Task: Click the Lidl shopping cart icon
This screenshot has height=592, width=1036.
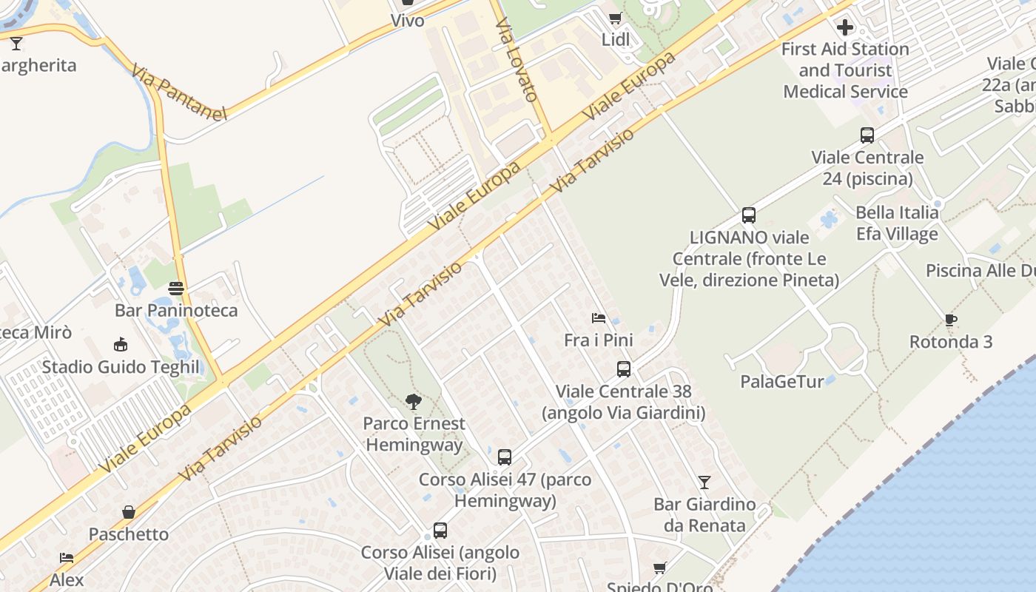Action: (615, 18)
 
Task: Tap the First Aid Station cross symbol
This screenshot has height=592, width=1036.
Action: (845, 28)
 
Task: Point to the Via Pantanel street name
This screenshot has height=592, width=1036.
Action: (178, 92)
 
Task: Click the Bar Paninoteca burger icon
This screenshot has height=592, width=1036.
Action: (176, 289)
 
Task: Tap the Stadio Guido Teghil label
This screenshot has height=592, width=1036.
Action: (121, 367)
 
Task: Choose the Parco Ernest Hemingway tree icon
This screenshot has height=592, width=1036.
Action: (414, 402)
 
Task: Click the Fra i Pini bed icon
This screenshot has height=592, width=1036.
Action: (599, 318)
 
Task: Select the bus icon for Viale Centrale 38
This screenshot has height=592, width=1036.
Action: (624, 369)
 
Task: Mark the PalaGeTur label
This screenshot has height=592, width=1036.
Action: (782, 382)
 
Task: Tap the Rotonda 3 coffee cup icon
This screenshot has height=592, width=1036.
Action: (951, 320)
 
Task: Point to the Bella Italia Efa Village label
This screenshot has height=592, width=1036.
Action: (897, 223)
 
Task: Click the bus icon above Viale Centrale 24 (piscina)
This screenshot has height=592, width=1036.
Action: (867, 135)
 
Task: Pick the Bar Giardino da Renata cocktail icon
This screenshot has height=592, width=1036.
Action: (704, 482)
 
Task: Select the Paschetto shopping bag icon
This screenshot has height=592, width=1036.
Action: (129, 512)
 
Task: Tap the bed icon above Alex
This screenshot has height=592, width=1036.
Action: (67, 557)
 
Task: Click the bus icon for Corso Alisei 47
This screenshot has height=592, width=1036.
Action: (505, 457)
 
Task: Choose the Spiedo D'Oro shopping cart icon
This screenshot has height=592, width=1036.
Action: (659, 568)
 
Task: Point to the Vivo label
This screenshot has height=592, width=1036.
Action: (408, 20)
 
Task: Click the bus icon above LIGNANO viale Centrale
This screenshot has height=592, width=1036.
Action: (749, 215)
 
